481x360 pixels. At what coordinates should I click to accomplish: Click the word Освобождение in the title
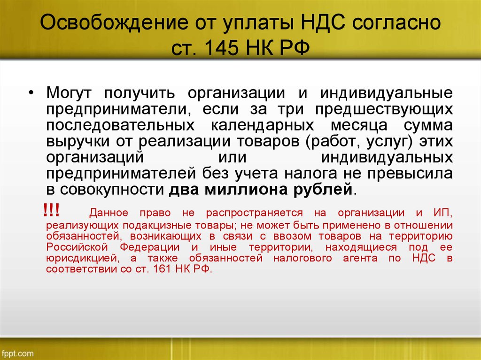[114, 22]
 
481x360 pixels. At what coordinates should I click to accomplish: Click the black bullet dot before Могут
[31, 93]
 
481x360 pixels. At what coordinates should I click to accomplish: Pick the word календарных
[262, 126]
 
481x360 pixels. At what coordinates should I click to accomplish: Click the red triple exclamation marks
[51, 210]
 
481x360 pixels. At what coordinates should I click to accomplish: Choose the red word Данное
[109, 213]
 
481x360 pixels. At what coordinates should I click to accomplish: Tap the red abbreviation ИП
[442, 213]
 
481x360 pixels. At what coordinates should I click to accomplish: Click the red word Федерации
[150, 247]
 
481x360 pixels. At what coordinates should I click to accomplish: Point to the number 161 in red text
[162, 269]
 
